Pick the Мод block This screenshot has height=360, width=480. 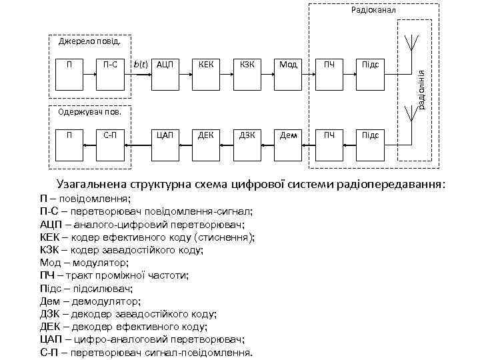click(287, 65)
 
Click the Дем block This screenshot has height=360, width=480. click(287, 136)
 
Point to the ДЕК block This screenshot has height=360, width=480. click(205, 136)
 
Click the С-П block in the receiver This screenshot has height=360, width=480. click(111, 136)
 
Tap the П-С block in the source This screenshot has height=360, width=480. click(111, 65)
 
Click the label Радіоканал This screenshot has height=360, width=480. click(373, 10)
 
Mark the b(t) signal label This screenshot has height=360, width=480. click(140, 65)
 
